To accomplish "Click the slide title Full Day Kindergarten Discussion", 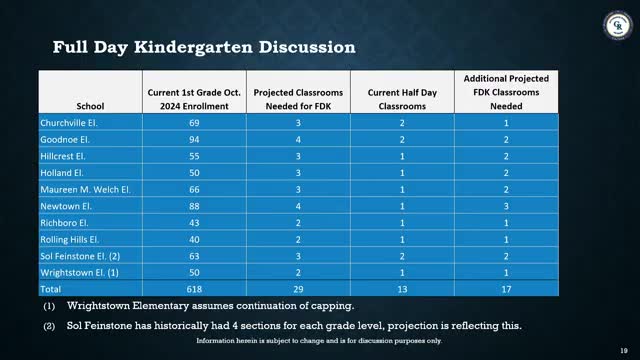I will pos(190,46).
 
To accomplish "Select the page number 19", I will pos(623,350).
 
